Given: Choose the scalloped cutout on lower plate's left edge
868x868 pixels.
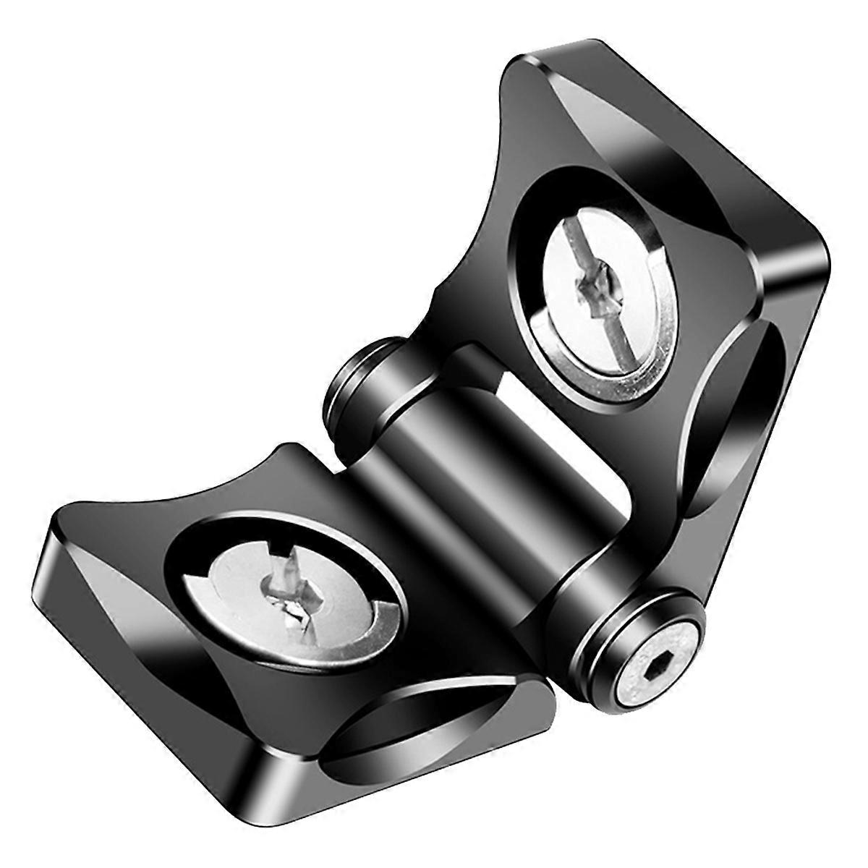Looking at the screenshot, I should (x=109, y=629).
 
